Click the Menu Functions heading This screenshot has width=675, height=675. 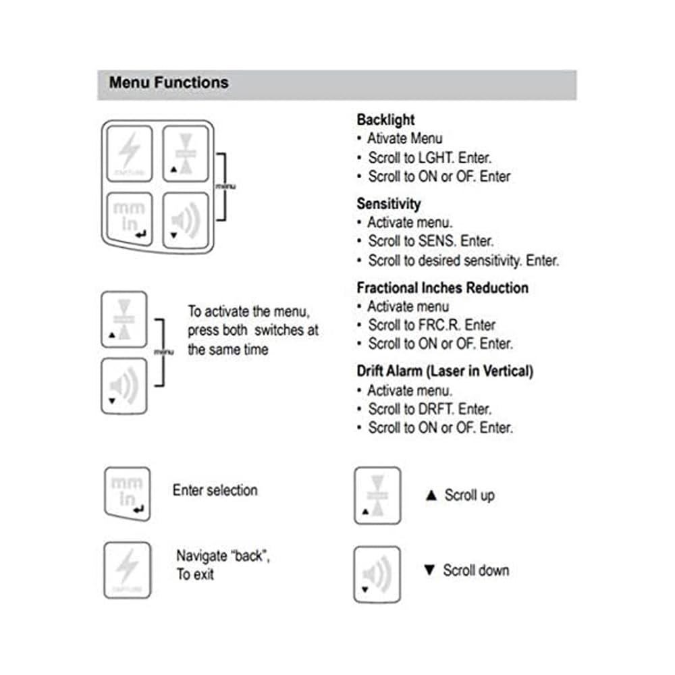[169, 83]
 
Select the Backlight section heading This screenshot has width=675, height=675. [385, 120]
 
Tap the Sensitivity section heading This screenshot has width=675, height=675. [388, 204]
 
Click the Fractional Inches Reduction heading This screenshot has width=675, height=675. [442, 288]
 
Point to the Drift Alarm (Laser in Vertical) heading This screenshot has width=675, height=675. [445, 371]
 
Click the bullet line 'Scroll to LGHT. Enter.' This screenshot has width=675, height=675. [429, 158]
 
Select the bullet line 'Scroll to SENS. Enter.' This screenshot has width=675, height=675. [431, 241]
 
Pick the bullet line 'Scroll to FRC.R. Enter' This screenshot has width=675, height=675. [431, 325]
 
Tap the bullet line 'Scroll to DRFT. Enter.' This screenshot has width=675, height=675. [429, 409]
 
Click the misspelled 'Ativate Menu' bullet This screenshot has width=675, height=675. [404, 139]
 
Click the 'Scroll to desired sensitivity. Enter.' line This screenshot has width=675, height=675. [463, 260]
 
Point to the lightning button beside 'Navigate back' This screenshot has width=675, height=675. [127, 569]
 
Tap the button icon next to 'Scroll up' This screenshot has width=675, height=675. [377, 495]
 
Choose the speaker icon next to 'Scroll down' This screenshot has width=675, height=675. [377, 574]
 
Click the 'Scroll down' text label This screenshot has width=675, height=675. [475, 570]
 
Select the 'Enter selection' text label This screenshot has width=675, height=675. [215, 490]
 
